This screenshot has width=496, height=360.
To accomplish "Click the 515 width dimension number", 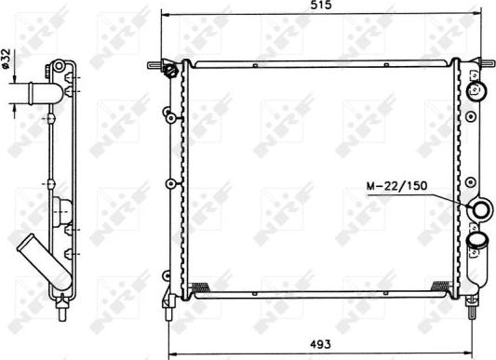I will (x=321, y=7).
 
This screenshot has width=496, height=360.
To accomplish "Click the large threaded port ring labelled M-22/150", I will (x=482, y=209).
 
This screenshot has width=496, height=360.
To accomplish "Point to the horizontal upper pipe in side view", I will (x=37, y=92).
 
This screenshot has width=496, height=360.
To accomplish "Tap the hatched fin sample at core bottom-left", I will (x=199, y=285).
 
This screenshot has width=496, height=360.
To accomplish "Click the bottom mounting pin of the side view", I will (x=60, y=302).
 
